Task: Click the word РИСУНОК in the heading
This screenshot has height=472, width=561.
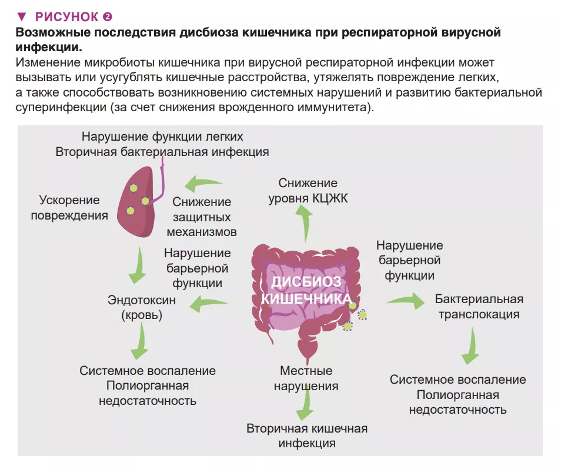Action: click(67, 16)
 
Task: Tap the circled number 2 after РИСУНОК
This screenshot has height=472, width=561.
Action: click(107, 16)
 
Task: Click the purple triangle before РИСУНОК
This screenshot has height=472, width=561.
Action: click(22, 16)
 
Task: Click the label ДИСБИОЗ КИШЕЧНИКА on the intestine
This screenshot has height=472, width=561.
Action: click(306, 290)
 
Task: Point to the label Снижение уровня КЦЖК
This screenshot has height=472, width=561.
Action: click(308, 191)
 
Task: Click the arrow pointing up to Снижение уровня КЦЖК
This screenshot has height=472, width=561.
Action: click(305, 224)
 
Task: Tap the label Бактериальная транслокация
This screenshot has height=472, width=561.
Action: click(479, 306)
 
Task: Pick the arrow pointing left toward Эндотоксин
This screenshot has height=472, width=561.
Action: click(211, 304)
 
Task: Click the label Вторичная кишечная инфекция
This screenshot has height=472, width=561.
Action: click(307, 436)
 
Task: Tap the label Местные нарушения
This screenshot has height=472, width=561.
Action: click(306, 378)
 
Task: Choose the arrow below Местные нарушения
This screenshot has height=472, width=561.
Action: click(305, 405)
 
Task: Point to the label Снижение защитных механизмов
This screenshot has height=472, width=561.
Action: click(202, 217)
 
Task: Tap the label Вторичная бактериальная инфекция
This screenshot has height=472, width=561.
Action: click(162, 152)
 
